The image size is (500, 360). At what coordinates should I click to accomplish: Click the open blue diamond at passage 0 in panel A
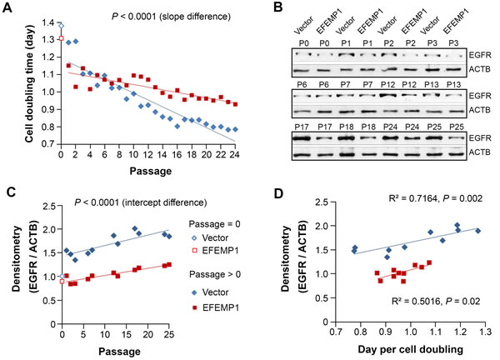61,26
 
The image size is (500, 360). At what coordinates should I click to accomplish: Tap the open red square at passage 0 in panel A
61,38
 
